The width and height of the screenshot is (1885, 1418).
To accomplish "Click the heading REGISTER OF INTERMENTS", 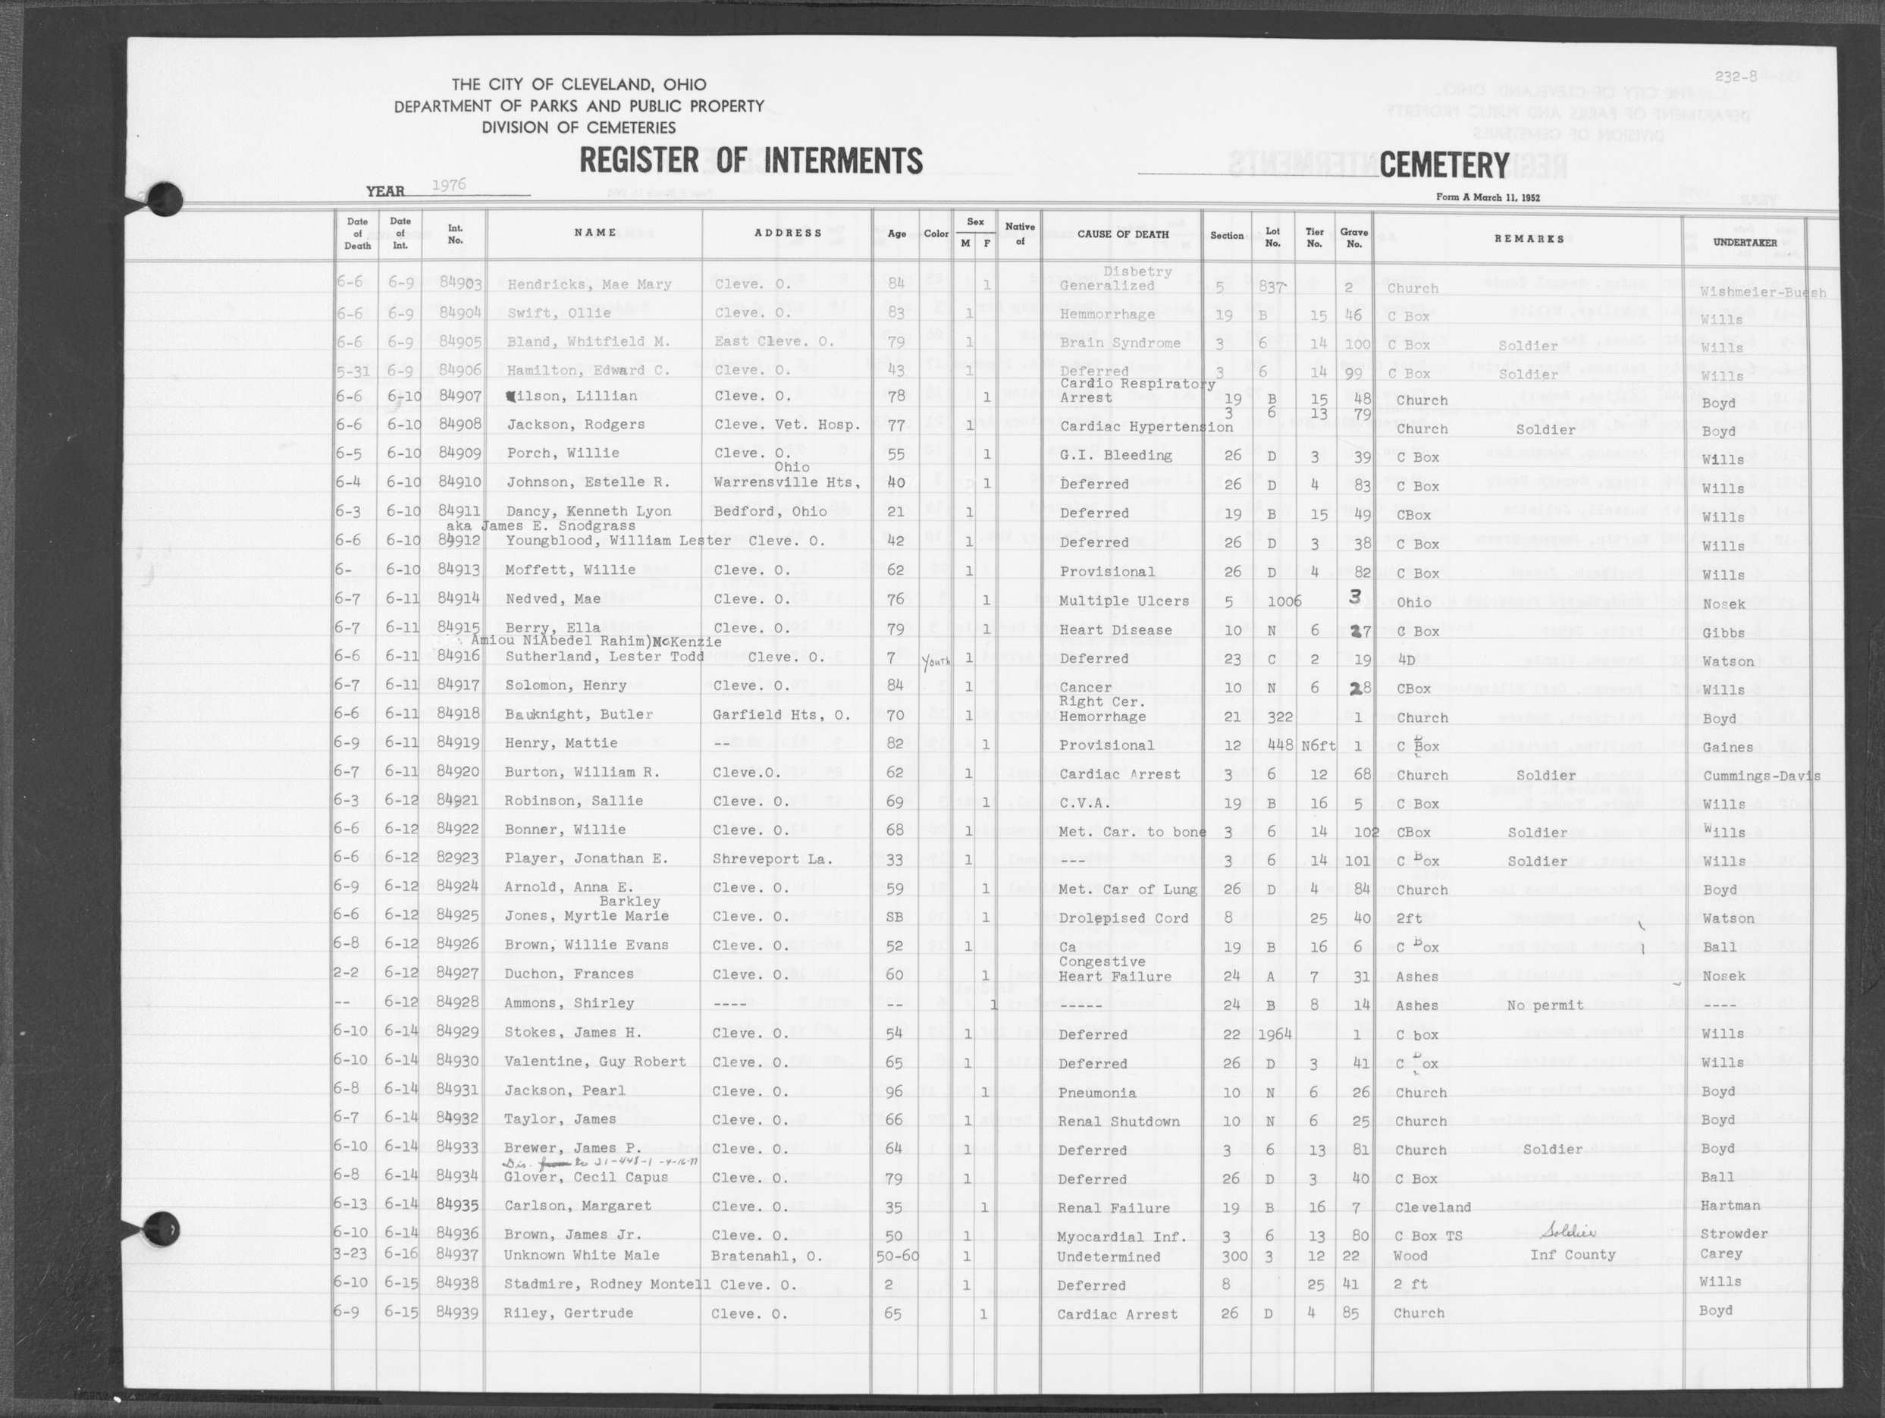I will pos(750,161).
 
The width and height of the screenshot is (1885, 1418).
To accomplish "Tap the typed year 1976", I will pos(448,186).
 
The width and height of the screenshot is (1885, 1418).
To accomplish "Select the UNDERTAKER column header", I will pos(1745,243).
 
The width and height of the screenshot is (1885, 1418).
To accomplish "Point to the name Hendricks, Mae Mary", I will pos(589,284).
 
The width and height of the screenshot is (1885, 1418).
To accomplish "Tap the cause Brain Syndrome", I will pos(1120,344).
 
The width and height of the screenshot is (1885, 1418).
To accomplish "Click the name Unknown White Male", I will pos(581,1255).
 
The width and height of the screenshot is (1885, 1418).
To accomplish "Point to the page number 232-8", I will pos(1736,76).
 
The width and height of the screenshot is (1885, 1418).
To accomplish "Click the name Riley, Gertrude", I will pos(569,1313).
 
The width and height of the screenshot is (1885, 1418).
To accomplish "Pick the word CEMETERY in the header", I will pos(1444,165).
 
